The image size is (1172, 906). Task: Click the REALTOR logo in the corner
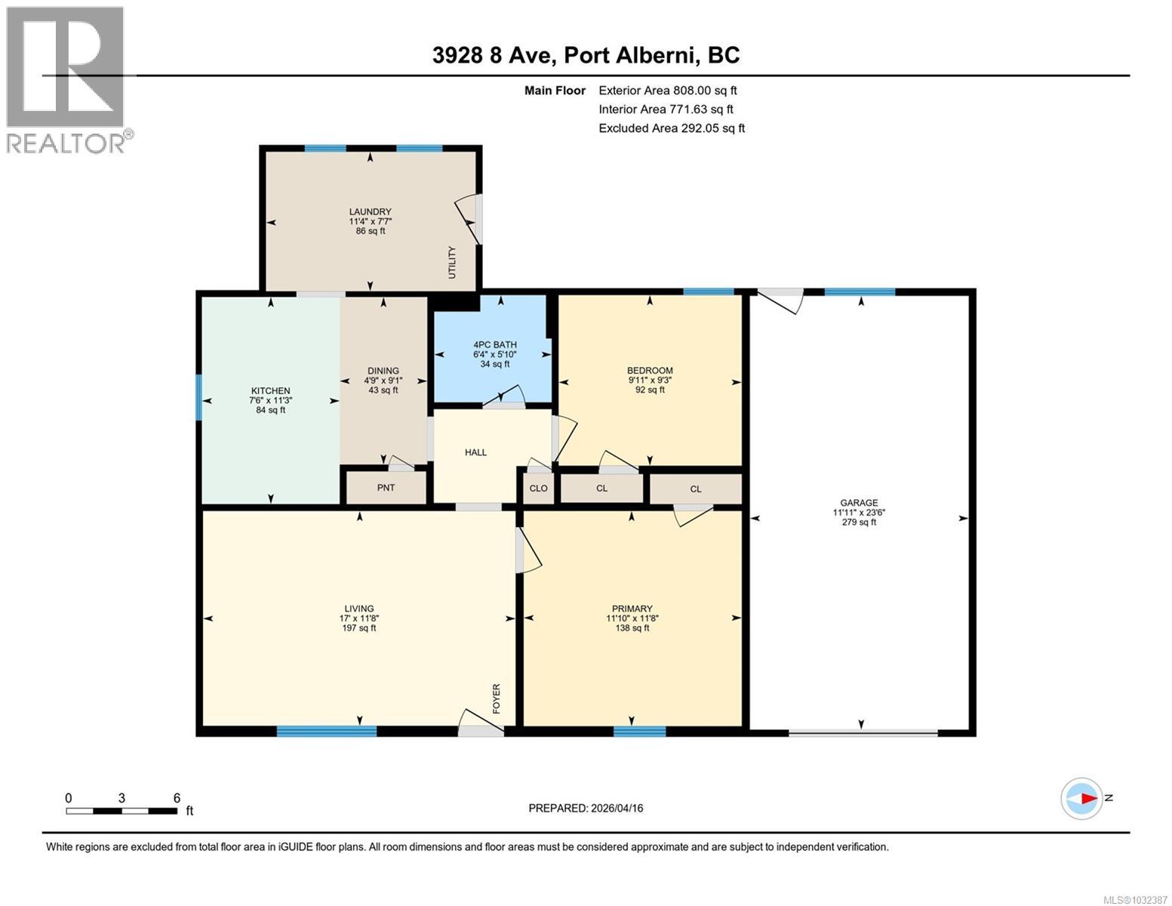click(66, 79)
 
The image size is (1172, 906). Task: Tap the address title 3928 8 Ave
click(586, 55)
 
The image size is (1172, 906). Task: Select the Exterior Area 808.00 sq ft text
click(667, 91)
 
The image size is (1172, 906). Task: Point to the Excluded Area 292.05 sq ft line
click(671, 128)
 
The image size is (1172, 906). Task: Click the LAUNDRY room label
click(370, 212)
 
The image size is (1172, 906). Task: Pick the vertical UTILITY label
click(452, 262)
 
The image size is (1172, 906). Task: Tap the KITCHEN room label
click(270, 391)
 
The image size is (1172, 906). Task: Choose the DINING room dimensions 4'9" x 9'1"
click(383, 381)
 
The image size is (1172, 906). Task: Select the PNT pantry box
click(386, 488)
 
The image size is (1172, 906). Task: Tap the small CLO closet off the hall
click(538, 488)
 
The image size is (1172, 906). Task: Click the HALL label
click(475, 452)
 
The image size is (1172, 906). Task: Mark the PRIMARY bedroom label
click(632, 609)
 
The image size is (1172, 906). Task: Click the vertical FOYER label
click(497, 698)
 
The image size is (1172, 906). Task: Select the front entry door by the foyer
click(481, 725)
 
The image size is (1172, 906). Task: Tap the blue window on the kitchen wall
click(199, 397)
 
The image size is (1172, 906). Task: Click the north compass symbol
click(1081, 798)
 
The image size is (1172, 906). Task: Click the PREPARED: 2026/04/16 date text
click(586, 808)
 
